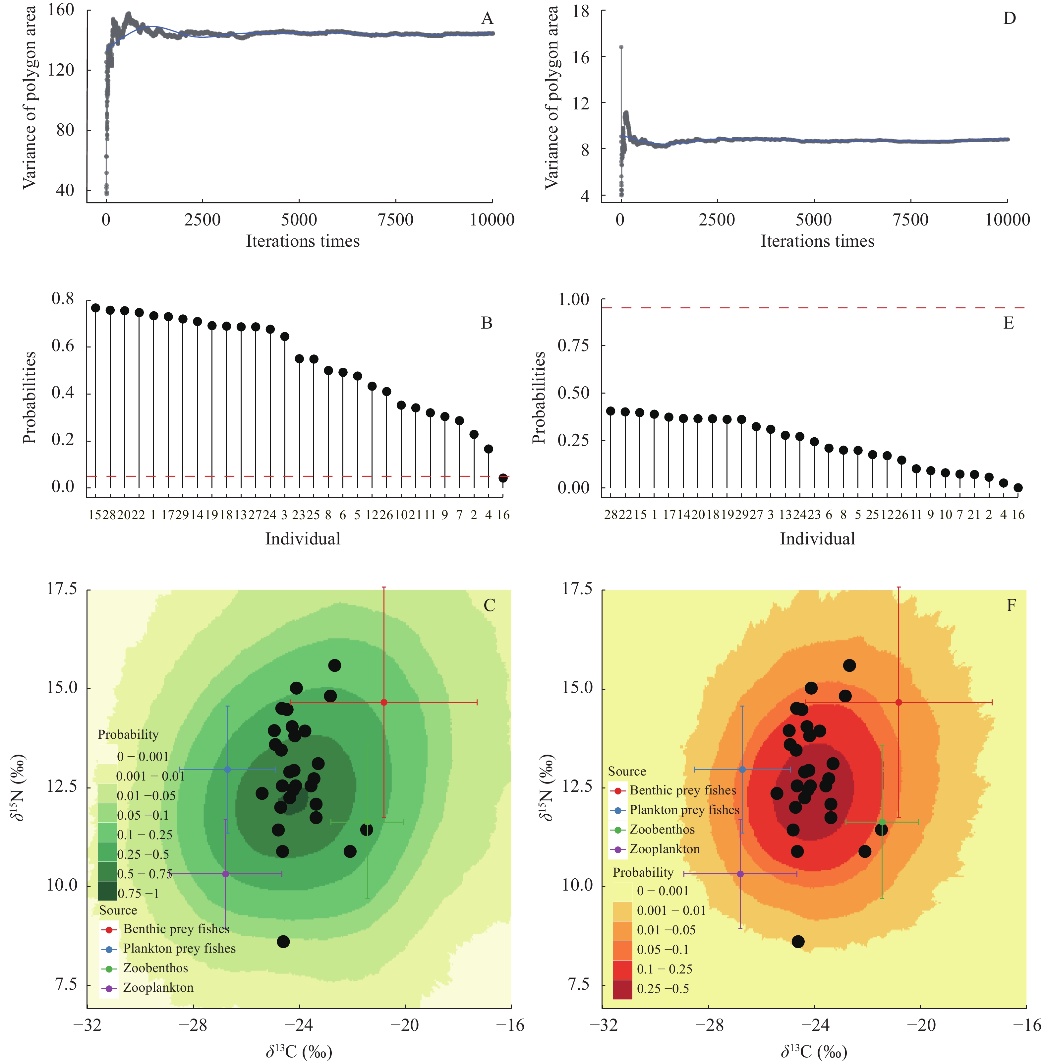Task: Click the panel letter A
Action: click(487, 19)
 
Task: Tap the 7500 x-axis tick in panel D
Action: click(910, 220)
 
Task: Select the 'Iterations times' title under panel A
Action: click(303, 241)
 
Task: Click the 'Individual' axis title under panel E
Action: click(817, 539)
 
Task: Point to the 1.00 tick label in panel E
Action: click(573, 299)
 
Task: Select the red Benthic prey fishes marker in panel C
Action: click(384, 702)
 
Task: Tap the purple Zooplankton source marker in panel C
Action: click(225, 874)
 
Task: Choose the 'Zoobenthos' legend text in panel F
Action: click(662, 829)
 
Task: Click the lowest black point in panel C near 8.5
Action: click(283, 942)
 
